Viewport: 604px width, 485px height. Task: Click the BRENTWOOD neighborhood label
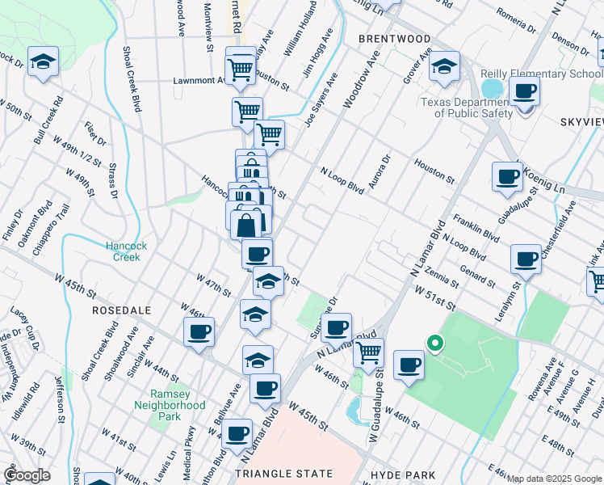[x=394, y=39]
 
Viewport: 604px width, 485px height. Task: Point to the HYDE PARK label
[x=403, y=474]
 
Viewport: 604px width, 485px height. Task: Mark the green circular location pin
[x=435, y=344]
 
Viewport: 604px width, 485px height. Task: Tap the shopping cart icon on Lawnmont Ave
[x=241, y=70]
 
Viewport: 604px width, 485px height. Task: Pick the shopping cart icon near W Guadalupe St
[x=368, y=352]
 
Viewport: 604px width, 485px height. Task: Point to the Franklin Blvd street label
[x=476, y=226]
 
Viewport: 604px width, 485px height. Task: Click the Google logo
[x=27, y=475]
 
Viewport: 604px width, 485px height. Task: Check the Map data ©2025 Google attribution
[x=554, y=479]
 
